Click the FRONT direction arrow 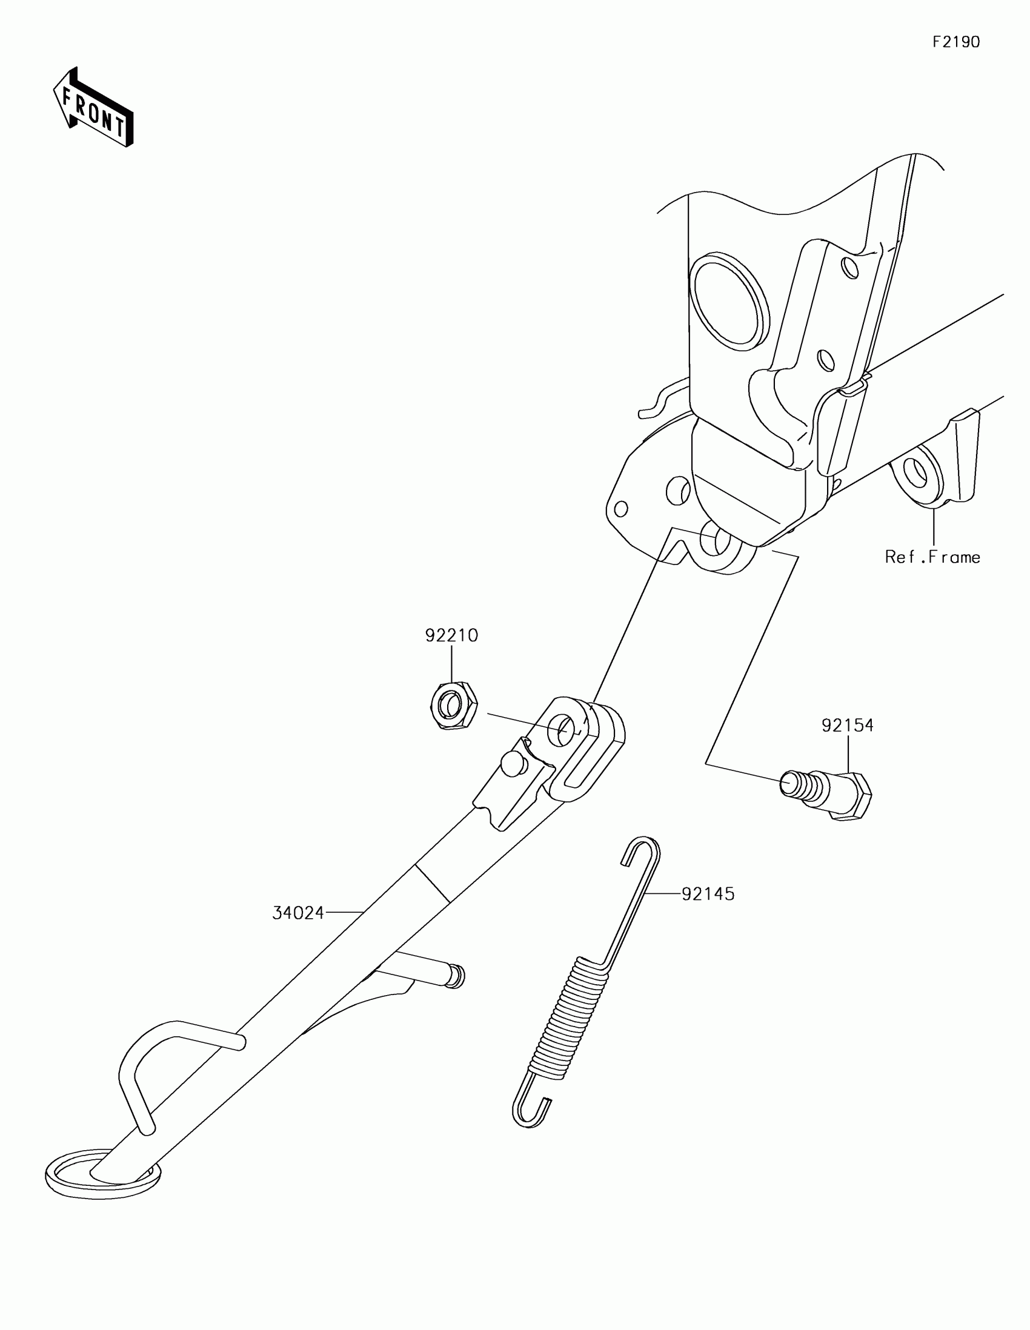93,107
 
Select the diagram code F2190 955,42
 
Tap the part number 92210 451,636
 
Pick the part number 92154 847,726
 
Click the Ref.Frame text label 932,557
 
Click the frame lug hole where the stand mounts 711,540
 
